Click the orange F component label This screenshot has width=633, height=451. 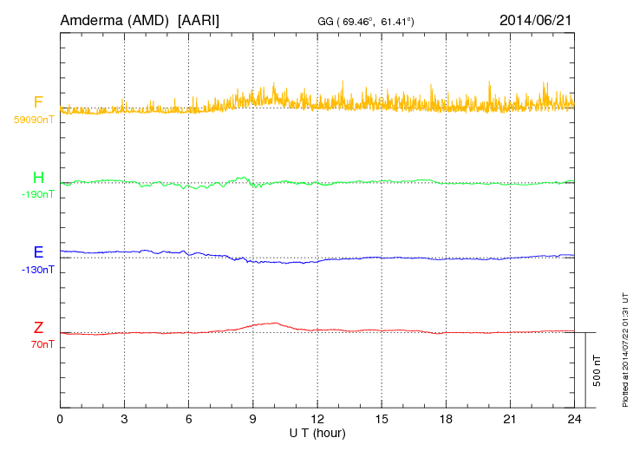click(x=38, y=102)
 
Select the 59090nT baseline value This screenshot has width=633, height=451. click(x=34, y=119)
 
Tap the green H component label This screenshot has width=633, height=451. click(x=38, y=178)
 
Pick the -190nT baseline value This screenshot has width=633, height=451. click(x=37, y=194)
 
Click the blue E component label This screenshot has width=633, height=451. click(x=38, y=252)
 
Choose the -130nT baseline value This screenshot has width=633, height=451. click(x=37, y=270)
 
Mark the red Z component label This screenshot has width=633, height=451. click(x=38, y=327)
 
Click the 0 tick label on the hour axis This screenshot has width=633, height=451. click(x=60, y=420)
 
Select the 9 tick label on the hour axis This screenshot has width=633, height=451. click(x=253, y=420)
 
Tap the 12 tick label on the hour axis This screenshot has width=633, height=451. click(x=317, y=420)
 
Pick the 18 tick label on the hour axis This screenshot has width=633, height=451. click(x=446, y=420)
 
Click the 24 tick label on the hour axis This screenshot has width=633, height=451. click(x=574, y=420)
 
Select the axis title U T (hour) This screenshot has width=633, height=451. click(x=317, y=433)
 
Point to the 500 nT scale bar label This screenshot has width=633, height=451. click(x=597, y=369)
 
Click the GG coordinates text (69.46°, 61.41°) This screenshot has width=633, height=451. click(x=369, y=21)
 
